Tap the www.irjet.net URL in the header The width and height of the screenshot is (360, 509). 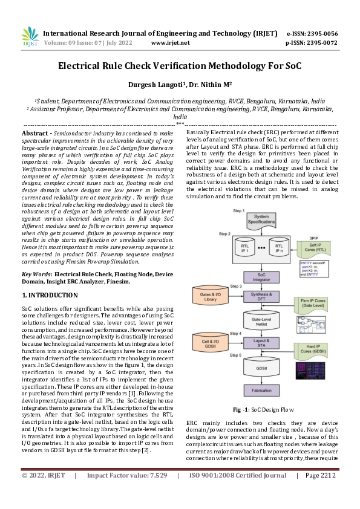click(170, 43)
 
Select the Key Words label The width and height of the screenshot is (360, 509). click(36, 274)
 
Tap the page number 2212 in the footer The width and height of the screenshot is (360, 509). click(326, 493)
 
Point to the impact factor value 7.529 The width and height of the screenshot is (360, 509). click(154, 493)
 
